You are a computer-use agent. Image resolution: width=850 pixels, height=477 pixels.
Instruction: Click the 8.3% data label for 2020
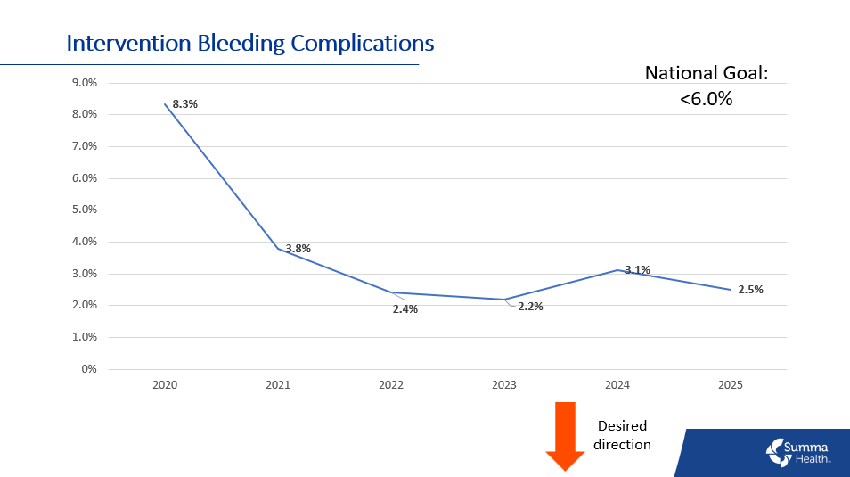[184, 104]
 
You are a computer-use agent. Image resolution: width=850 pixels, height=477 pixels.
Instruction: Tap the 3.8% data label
[298, 249]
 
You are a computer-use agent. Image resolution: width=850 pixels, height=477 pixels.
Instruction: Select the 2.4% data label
[405, 309]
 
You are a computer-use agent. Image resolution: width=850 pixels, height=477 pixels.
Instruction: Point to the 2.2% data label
[530, 306]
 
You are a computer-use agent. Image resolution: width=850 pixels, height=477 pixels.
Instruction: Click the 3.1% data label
[637, 269]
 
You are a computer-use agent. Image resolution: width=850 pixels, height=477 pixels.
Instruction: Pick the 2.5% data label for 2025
[750, 289]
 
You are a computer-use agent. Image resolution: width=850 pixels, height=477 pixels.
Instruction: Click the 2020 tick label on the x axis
[165, 385]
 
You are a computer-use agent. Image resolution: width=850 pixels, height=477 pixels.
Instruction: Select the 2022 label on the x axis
[391, 385]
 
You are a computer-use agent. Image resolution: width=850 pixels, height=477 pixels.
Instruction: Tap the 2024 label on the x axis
[617, 385]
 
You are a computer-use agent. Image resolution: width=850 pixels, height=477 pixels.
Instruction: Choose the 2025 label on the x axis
[731, 385]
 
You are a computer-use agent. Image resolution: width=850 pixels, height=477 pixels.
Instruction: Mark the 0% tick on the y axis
[88, 369]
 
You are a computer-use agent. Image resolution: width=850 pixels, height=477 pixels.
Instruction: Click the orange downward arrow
[565, 434]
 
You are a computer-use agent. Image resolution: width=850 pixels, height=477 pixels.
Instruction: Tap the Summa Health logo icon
[778, 452]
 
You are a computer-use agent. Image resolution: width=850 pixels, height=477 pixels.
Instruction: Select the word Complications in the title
[365, 43]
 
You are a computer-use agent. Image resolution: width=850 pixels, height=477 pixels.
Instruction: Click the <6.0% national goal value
[706, 99]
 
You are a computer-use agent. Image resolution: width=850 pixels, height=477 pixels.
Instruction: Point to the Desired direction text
[622, 435]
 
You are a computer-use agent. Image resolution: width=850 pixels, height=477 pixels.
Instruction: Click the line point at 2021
[278, 248]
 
